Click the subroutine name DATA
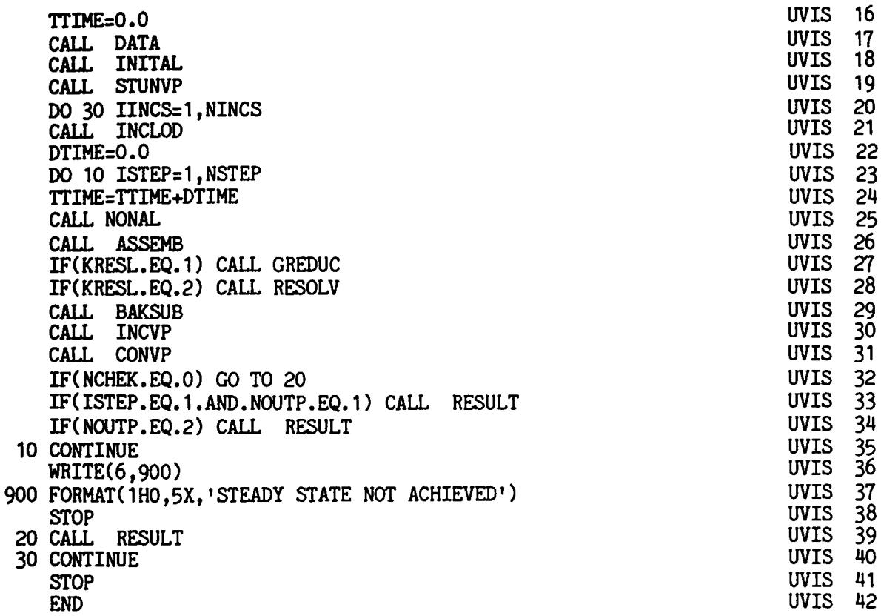tap(137, 43)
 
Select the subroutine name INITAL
tap(149, 64)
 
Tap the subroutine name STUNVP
tap(149, 87)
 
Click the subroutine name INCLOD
tap(149, 131)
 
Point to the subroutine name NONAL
tap(133, 219)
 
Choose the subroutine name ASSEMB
tap(149, 244)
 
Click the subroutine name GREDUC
tap(306, 265)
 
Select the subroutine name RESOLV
tap(306, 288)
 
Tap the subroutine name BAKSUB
tap(149, 311)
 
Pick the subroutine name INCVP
tap(144, 333)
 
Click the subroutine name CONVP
tap(144, 356)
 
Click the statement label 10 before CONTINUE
tap(27, 451)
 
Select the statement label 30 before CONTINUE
tap(27, 560)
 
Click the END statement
tap(66, 604)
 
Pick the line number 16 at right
tap(864, 14)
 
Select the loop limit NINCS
tap(233, 109)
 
